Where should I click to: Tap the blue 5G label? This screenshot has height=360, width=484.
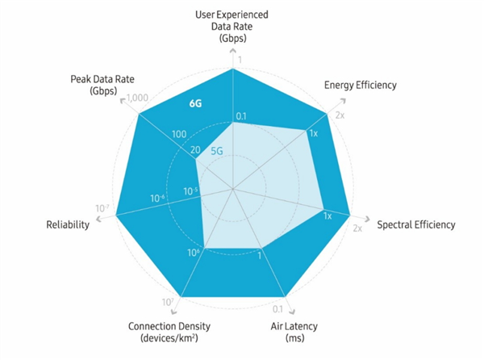click(217, 150)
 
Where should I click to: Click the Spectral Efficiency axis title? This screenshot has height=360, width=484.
click(416, 224)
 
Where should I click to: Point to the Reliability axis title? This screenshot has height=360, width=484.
click(68, 224)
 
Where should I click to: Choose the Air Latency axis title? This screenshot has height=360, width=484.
click(294, 327)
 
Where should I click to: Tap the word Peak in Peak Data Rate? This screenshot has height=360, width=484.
click(82, 80)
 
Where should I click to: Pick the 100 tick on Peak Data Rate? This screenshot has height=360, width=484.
click(179, 134)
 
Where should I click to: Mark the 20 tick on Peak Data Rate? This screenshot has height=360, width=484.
click(194, 150)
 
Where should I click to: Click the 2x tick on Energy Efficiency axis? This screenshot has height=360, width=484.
click(340, 115)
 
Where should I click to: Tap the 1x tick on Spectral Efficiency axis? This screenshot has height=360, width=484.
click(328, 216)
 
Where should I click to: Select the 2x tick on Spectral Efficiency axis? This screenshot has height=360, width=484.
click(358, 228)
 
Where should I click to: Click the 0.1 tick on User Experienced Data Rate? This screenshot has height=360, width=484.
click(240, 116)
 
